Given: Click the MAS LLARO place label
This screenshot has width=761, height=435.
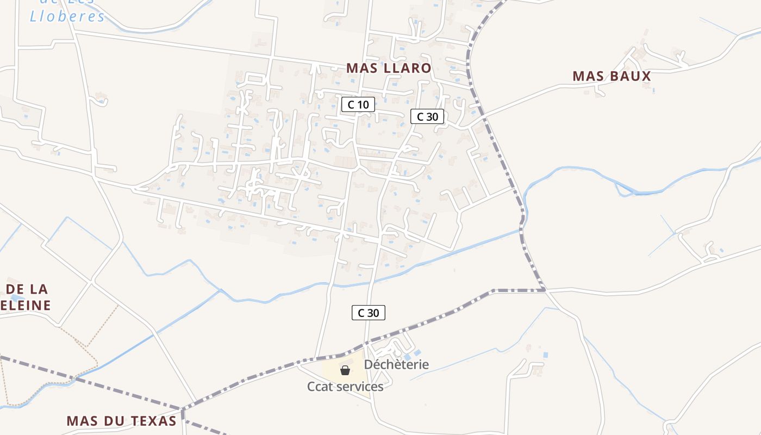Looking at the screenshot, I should [389, 68].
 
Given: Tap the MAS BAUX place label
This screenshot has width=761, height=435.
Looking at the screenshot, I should [612, 76].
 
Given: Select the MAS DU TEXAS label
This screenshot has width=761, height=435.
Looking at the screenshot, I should [121, 421].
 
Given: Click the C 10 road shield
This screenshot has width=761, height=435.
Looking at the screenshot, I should [358, 104].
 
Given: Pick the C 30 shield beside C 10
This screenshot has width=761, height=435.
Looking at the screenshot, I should [427, 116].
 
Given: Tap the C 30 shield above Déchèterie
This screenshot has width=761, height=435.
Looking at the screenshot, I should [368, 313].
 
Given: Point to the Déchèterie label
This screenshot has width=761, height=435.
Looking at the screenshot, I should [396, 364].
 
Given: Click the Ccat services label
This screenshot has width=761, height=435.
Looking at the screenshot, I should [345, 387].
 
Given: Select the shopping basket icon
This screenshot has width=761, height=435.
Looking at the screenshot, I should [345, 371].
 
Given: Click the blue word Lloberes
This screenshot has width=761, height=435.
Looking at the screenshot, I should [67, 16].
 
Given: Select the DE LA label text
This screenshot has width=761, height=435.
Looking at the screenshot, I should [27, 289].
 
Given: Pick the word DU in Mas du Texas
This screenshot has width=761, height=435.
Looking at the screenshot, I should [116, 421].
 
